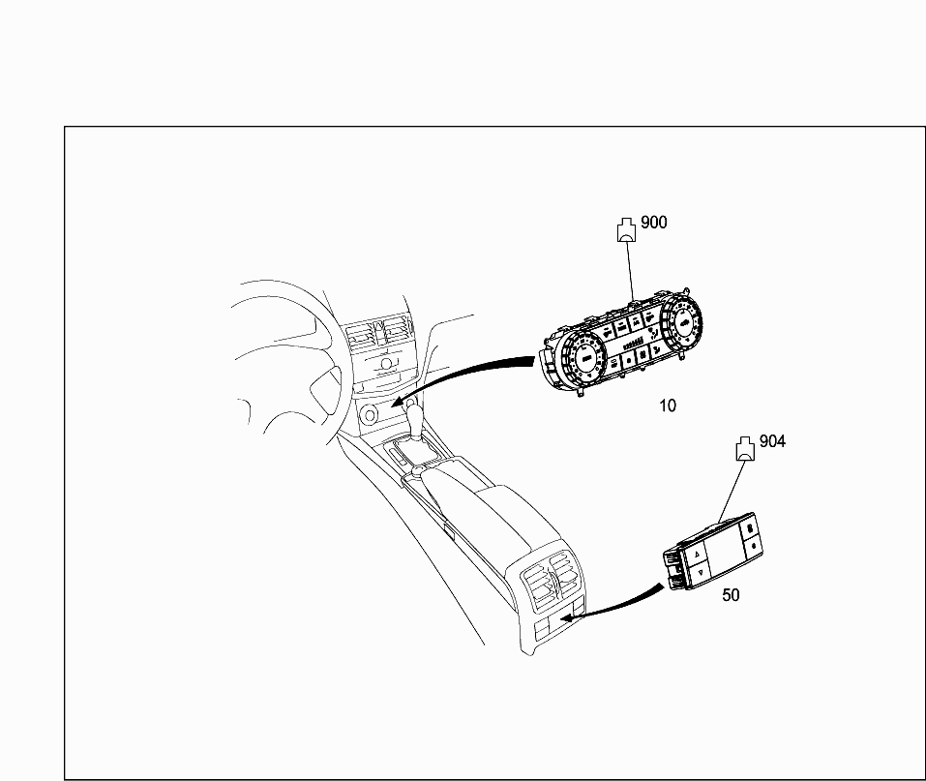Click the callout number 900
(654, 223)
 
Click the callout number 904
(772, 441)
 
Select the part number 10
(668, 406)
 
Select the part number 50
(731, 595)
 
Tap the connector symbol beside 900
(627, 229)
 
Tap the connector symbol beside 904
(745, 449)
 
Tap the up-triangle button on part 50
(697, 555)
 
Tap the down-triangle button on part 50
(701, 572)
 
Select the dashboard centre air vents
(378, 333)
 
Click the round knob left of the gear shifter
(370, 415)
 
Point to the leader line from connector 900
(631, 271)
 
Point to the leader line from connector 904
(732, 492)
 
